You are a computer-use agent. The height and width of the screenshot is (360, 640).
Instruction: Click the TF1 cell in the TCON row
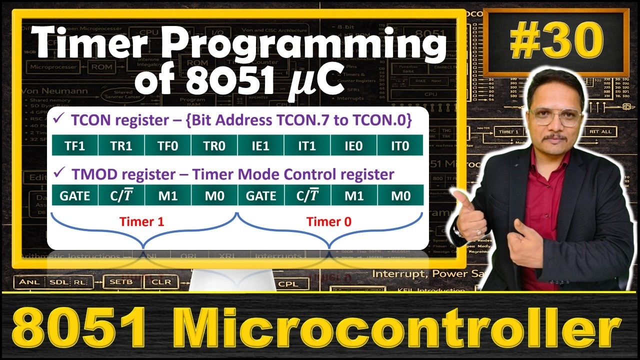pyautogui.click(x=75, y=146)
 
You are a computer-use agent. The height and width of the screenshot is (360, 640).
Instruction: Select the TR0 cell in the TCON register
pyautogui.click(x=214, y=146)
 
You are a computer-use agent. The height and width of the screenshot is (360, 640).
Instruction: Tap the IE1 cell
pyautogui.click(x=260, y=146)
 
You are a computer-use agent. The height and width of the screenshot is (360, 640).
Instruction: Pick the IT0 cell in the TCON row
pyautogui.click(x=400, y=146)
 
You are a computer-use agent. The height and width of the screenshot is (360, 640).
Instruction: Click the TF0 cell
pyautogui.click(x=167, y=146)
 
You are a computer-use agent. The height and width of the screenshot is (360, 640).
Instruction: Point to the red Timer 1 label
pyautogui.click(x=142, y=222)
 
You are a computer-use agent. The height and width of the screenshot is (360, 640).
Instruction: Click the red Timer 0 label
pyautogui.click(x=329, y=222)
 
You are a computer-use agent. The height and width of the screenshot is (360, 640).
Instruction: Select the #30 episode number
pyautogui.click(x=554, y=42)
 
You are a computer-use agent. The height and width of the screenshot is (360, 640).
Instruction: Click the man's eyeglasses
pyautogui.click(x=556, y=116)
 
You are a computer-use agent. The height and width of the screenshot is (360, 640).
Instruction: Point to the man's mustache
pyautogui.click(x=555, y=136)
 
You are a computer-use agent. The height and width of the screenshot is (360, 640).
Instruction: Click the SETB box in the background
pyautogui.click(x=121, y=282)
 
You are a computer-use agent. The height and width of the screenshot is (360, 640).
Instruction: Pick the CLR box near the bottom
pyautogui.click(x=160, y=282)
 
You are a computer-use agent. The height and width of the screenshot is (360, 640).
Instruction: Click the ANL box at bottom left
pyautogui.click(x=29, y=282)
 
